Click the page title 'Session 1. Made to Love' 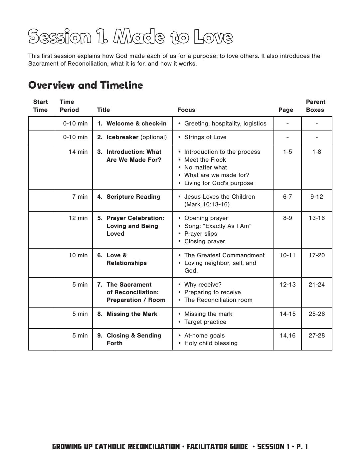(x=130, y=37)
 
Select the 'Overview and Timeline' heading (x=86, y=85)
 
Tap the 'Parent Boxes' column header (x=315, y=106)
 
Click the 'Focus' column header (x=186, y=110)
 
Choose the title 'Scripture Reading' (x=133, y=197)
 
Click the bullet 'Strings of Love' (x=205, y=137)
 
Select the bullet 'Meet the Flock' (x=205, y=160)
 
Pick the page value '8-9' (x=287, y=218)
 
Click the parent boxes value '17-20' (x=316, y=255)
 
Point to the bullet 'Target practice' (x=205, y=322)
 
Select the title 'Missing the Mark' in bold (x=132, y=314)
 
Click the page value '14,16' (x=287, y=336)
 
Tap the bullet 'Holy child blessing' (x=211, y=343)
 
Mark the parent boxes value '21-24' (x=316, y=285)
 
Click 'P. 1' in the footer (x=302, y=447)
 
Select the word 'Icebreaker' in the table (x=122, y=137)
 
